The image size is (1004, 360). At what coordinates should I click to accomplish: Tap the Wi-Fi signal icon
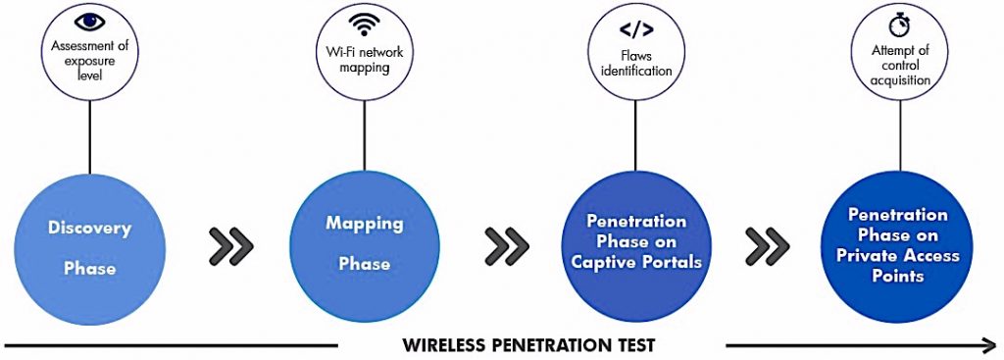pos(364,23)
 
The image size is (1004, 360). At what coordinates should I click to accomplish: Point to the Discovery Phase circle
pos(89,248)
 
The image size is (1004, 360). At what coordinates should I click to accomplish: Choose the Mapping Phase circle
pos(364,244)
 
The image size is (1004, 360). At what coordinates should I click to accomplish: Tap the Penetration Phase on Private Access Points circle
pos(897,245)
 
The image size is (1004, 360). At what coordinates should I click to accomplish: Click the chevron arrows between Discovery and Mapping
pos(231,246)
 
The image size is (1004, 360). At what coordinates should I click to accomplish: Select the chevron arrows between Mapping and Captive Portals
pos(507,246)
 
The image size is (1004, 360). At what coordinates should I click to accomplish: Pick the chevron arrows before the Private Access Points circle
pos(767,246)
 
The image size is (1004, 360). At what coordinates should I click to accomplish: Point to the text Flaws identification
pos(635,63)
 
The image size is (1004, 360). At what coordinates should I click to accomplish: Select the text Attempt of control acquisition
pos(901,65)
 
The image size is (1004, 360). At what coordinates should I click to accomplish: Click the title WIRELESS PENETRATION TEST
pos(528,344)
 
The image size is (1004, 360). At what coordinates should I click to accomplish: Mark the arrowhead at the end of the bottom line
pos(988,344)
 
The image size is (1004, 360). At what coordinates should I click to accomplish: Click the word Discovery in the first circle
pos(89,229)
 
